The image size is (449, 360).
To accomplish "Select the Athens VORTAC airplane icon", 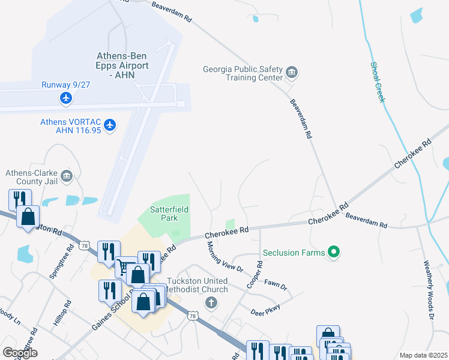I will coord(109,125).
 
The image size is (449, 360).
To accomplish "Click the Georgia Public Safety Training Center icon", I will coord(292,73).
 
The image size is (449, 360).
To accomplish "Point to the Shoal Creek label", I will coord(376,82).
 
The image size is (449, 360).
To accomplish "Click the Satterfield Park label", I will coord(163,214).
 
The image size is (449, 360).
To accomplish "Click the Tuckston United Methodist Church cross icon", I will coord(211,302).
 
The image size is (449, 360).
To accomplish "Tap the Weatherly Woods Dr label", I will coord(428,289).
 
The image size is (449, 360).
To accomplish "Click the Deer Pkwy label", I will coord(265,309).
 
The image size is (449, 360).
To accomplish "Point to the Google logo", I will coord(20,352).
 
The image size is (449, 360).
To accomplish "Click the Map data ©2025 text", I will coord(423,355).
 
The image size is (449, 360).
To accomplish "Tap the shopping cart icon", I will coord(125,267).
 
